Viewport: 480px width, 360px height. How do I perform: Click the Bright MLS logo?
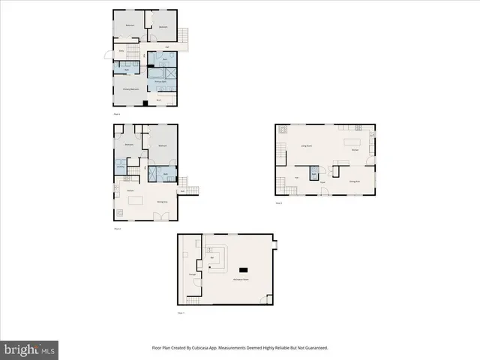[x=29, y=349]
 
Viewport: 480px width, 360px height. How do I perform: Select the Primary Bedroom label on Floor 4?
[x=131, y=89]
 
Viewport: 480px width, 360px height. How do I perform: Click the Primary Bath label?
[x=161, y=81]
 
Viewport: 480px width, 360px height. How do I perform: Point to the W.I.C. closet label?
[x=159, y=99]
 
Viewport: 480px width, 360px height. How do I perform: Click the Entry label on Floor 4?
[x=122, y=51]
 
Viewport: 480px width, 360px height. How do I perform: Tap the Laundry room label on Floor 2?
[x=120, y=166]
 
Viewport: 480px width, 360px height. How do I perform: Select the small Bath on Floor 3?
[x=314, y=172]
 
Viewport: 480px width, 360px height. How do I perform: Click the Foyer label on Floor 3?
[x=322, y=182]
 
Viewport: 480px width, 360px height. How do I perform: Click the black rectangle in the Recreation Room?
[x=243, y=268]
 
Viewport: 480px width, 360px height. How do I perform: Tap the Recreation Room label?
[x=241, y=279]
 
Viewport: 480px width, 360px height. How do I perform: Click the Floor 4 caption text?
[x=117, y=113]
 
